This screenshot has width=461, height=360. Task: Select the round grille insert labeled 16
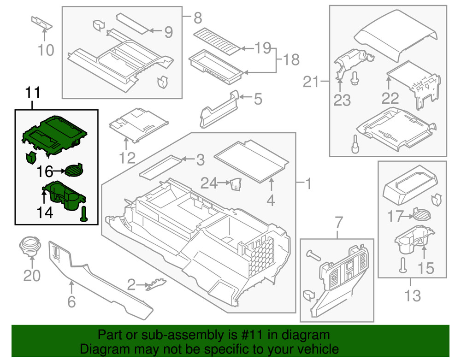73,171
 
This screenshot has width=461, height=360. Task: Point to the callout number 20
32,276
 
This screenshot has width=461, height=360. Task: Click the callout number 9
168,32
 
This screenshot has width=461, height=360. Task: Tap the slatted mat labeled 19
217,40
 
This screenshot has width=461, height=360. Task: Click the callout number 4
271,200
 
